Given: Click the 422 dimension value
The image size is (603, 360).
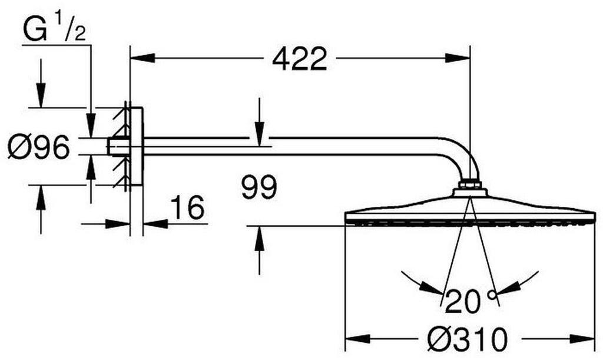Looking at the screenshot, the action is coord(300,59).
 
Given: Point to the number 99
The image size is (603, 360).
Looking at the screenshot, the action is coord(259,187).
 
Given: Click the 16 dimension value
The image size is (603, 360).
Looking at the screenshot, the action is coord(187,207).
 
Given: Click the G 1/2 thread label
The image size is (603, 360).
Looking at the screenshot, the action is coord(54,29).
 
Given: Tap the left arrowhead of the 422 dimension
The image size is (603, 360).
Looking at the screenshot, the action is coord(143,58).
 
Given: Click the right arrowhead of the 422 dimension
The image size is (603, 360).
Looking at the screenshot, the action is coord(458,58).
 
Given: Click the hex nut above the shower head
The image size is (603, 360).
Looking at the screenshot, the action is coord(469,184).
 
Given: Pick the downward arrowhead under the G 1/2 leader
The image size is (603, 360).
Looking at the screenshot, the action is coord(91,125).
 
